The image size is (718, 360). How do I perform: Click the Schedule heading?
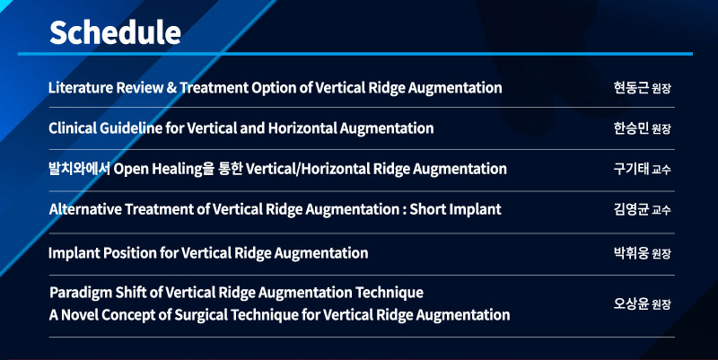coord(115,32)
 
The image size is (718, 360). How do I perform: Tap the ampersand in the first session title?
coord(171,87)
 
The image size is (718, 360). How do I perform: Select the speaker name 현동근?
coord(631,87)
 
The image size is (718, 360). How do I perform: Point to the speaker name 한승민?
coord(631,128)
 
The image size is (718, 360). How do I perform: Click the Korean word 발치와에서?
coord(79,169)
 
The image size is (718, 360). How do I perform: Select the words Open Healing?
coord(158,169)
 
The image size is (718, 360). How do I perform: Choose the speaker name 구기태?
coord(631,169)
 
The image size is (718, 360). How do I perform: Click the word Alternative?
coord(84,209)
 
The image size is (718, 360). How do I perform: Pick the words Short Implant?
coord(455,209)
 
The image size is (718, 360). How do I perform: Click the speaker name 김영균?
coord(631,209)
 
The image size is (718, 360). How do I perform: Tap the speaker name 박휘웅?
coord(631,253)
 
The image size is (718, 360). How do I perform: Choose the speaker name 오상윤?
coord(631,303)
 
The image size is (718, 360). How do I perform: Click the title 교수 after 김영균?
coord(661,210)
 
